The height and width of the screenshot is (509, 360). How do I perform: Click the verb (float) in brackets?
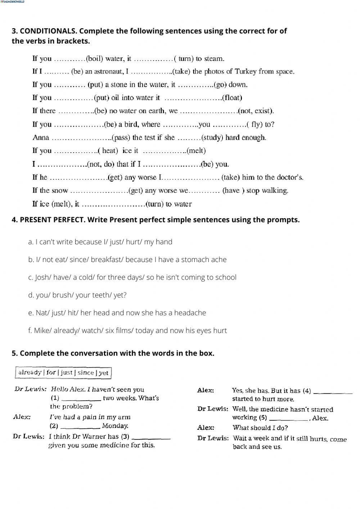(232, 98)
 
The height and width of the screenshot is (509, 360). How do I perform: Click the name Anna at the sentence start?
(41, 138)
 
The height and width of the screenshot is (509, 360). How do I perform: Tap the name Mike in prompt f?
(42, 330)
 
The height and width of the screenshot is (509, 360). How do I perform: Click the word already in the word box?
(30, 373)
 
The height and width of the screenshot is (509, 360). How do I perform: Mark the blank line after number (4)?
(333, 392)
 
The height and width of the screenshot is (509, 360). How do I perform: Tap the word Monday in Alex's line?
(115, 426)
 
